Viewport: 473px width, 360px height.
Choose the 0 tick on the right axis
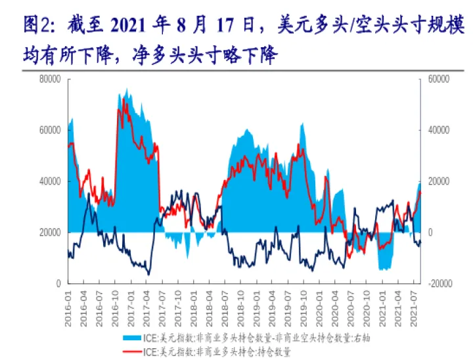tap(428, 233)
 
